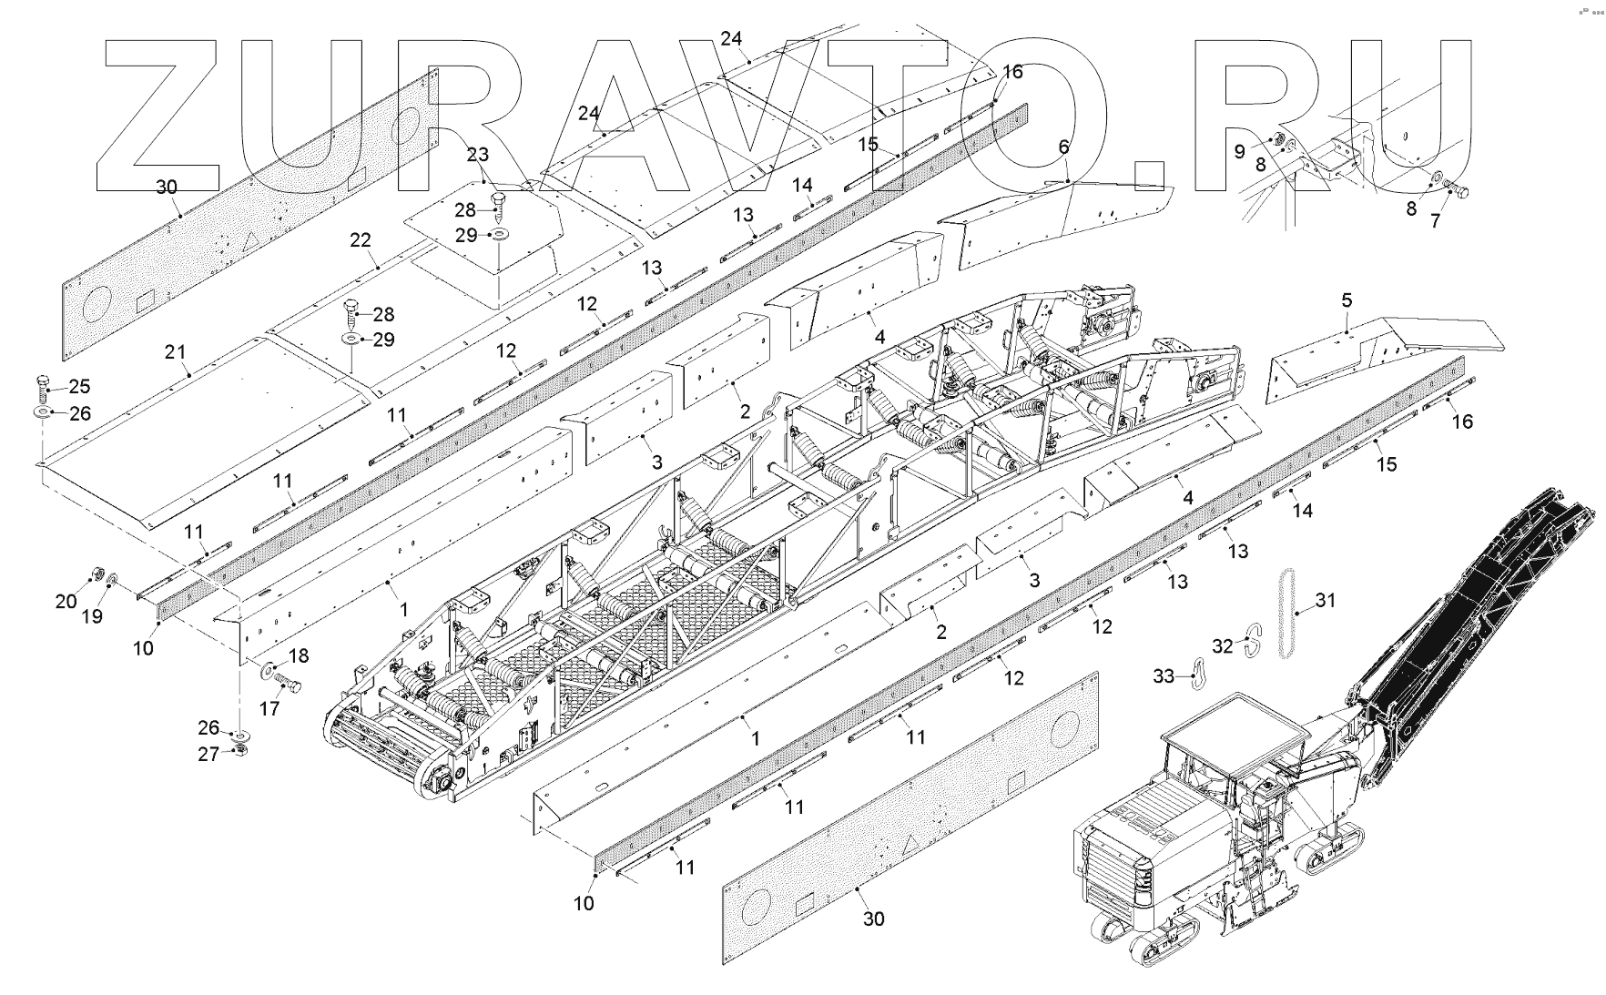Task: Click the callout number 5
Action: [x=1347, y=300]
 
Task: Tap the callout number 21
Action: [x=175, y=351]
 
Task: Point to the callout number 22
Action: [x=361, y=239]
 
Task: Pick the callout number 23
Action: [x=478, y=154]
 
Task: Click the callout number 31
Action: [x=1326, y=600]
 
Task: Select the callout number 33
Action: [x=1164, y=676]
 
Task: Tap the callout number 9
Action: [x=1239, y=151]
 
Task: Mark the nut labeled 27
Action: [x=240, y=749]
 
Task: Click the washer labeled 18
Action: [x=271, y=671]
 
